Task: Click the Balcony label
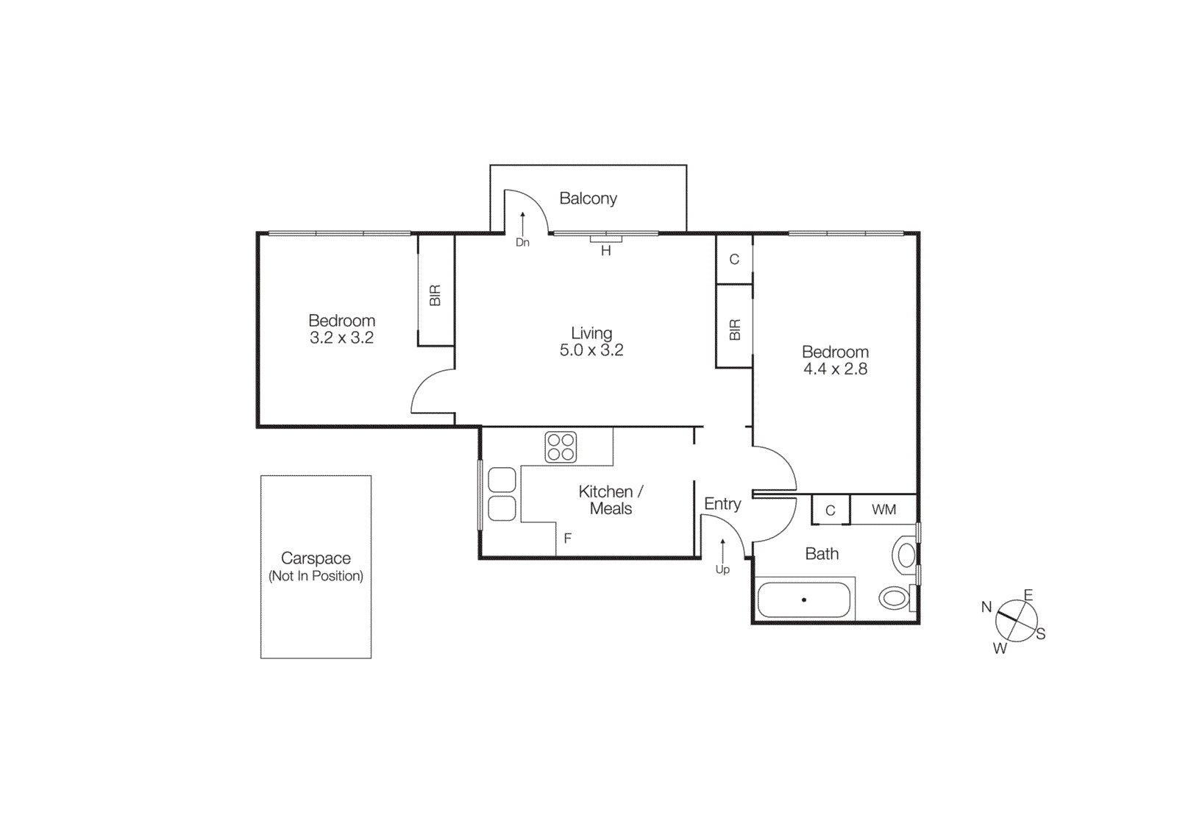pyautogui.click(x=588, y=199)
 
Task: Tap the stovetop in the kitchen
pyautogui.click(x=561, y=447)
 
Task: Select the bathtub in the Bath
pyautogui.click(x=803, y=600)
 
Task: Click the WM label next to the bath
pyautogui.click(x=883, y=510)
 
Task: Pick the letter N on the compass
pyautogui.click(x=986, y=607)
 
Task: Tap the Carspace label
pyautogui.click(x=316, y=558)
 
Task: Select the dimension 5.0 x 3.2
pyautogui.click(x=591, y=350)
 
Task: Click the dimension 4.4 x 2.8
pyautogui.click(x=835, y=369)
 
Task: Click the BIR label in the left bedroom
pyautogui.click(x=435, y=296)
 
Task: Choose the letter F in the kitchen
pyautogui.click(x=567, y=538)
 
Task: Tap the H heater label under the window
pyautogui.click(x=605, y=251)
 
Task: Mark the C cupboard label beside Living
pyautogui.click(x=733, y=260)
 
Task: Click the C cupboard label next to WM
pyautogui.click(x=830, y=511)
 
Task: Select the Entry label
pyautogui.click(x=722, y=504)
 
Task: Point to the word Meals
pyautogui.click(x=611, y=509)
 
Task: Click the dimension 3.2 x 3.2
pyautogui.click(x=341, y=338)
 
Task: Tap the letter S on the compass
pyautogui.click(x=1040, y=634)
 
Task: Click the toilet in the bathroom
pyautogui.click(x=895, y=597)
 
